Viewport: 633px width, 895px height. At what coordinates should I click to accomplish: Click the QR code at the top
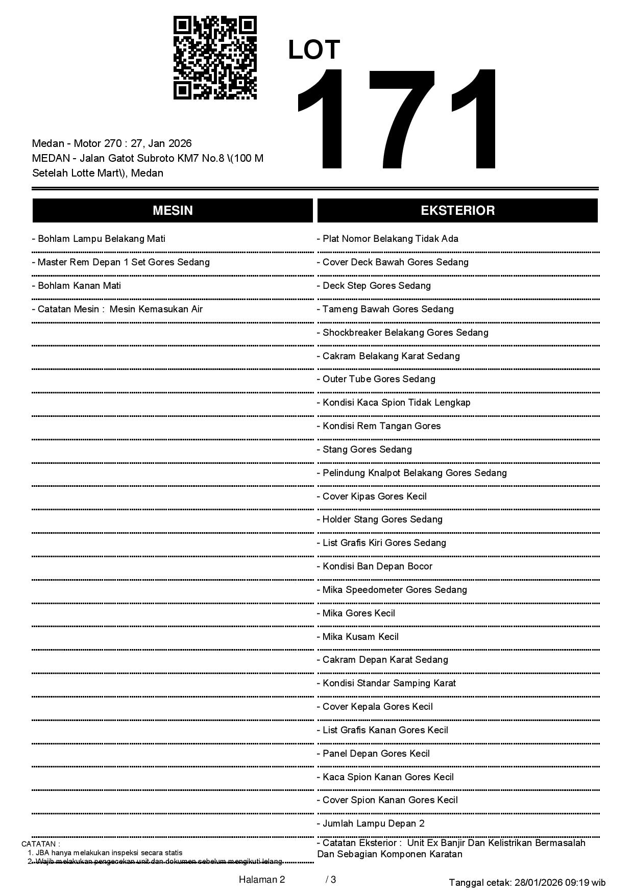(215, 58)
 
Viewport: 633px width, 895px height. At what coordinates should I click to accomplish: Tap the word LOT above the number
(314, 50)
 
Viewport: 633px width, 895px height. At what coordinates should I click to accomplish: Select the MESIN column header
(173, 211)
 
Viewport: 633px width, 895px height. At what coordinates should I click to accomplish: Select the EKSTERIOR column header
(457, 211)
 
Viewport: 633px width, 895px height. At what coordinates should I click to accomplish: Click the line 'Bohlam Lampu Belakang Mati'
(99, 239)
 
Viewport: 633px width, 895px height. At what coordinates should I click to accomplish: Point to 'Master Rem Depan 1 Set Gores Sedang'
(121, 262)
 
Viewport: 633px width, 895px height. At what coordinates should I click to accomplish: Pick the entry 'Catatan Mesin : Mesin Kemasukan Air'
(117, 309)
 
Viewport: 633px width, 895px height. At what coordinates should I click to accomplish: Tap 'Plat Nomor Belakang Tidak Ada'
(387, 239)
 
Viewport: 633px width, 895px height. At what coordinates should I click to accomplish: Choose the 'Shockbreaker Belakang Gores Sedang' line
(402, 333)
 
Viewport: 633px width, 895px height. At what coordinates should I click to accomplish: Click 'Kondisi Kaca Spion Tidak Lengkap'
(394, 403)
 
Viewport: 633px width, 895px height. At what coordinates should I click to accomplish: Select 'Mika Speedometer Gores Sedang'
(392, 590)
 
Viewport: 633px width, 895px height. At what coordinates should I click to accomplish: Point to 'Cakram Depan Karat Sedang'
(382, 660)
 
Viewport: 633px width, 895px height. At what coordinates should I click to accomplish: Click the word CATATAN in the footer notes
(40, 844)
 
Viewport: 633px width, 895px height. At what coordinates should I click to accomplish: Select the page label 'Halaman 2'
(262, 880)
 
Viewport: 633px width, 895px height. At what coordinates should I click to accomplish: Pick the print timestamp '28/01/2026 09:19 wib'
(560, 883)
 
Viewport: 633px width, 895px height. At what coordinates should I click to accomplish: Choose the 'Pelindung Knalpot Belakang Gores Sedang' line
(412, 473)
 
